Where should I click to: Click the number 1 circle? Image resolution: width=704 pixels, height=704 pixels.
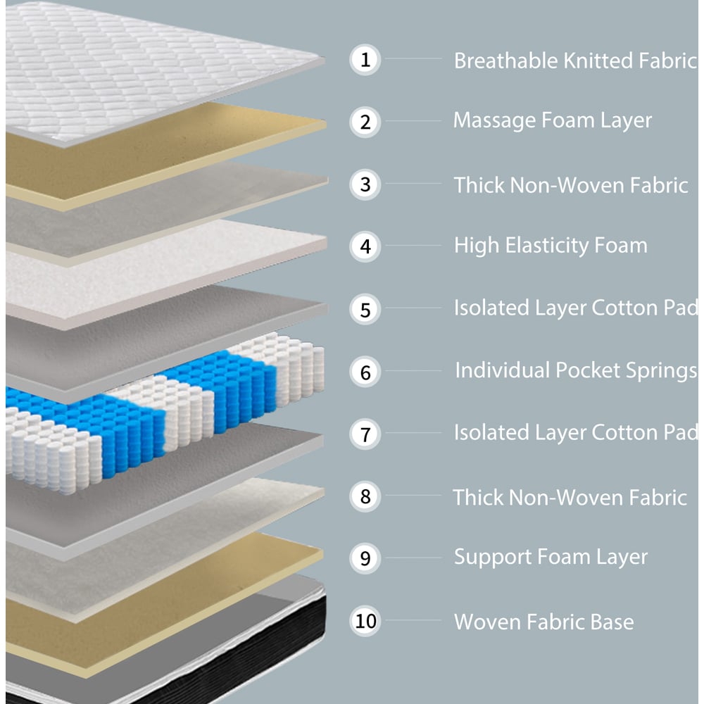(365, 60)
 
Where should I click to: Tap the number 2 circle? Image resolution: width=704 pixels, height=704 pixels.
(365, 122)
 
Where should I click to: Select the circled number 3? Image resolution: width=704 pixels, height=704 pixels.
(365, 184)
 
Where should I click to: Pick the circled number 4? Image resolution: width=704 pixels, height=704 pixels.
(365, 246)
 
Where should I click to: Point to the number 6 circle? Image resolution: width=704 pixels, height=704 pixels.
(365, 372)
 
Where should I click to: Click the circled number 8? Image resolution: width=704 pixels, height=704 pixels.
(365, 496)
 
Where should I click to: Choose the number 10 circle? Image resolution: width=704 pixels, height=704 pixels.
(365, 621)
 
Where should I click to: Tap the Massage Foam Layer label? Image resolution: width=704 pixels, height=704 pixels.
(552, 120)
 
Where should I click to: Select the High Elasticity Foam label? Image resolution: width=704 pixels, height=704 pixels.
(550, 246)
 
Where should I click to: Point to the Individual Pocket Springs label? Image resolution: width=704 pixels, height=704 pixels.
(575, 370)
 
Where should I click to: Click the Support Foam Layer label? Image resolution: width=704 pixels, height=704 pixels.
(550, 557)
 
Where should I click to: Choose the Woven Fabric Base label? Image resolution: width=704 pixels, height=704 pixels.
(543, 622)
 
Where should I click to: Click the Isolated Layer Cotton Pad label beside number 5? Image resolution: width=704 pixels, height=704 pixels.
(575, 308)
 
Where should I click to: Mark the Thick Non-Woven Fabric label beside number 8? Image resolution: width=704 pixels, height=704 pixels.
(570, 497)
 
